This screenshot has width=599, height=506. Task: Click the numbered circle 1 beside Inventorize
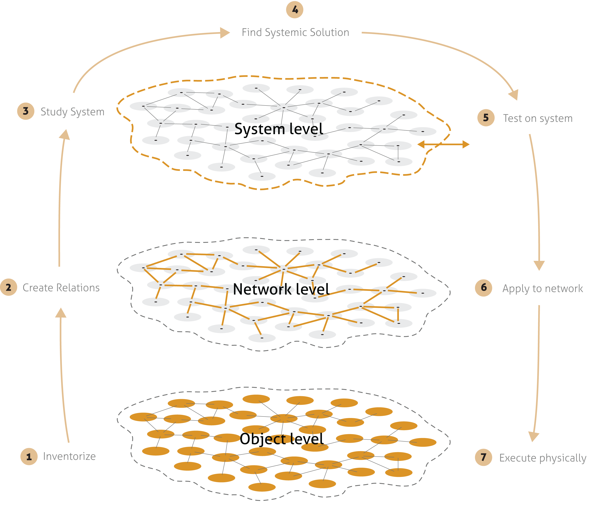pyautogui.click(x=29, y=456)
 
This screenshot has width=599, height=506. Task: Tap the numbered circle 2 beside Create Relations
pyautogui.click(x=9, y=287)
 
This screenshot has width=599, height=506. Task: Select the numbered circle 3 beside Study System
pyautogui.click(x=26, y=111)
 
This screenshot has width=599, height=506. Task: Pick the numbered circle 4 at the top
pyautogui.click(x=294, y=10)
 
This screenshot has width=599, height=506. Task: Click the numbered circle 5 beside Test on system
pyautogui.click(x=486, y=118)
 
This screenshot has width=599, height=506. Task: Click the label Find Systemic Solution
pyautogui.click(x=295, y=32)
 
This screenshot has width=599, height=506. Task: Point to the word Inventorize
pyautogui.click(x=69, y=456)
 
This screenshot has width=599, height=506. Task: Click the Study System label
pyautogui.click(x=72, y=112)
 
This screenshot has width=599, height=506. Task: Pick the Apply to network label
pyautogui.click(x=542, y=289)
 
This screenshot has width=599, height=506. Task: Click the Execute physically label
pyautogui.click(x=542, y=458)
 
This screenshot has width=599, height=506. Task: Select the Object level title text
pyautogui.click(x=282, y=439)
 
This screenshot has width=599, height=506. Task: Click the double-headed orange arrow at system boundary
pyautogui.click(x=443, y=144)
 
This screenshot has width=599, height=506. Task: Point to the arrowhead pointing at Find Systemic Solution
pyautogui.click(x=225, y=33)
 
